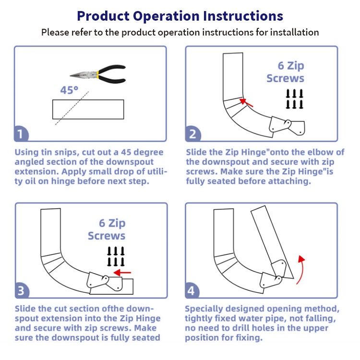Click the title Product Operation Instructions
coord(180,15)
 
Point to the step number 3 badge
coord(21,291)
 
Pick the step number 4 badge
coord(192,291)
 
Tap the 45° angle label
coord(69,90)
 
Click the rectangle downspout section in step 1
coord(88,109)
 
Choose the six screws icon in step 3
coord(116,256)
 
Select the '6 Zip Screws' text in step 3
coord(107,229)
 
